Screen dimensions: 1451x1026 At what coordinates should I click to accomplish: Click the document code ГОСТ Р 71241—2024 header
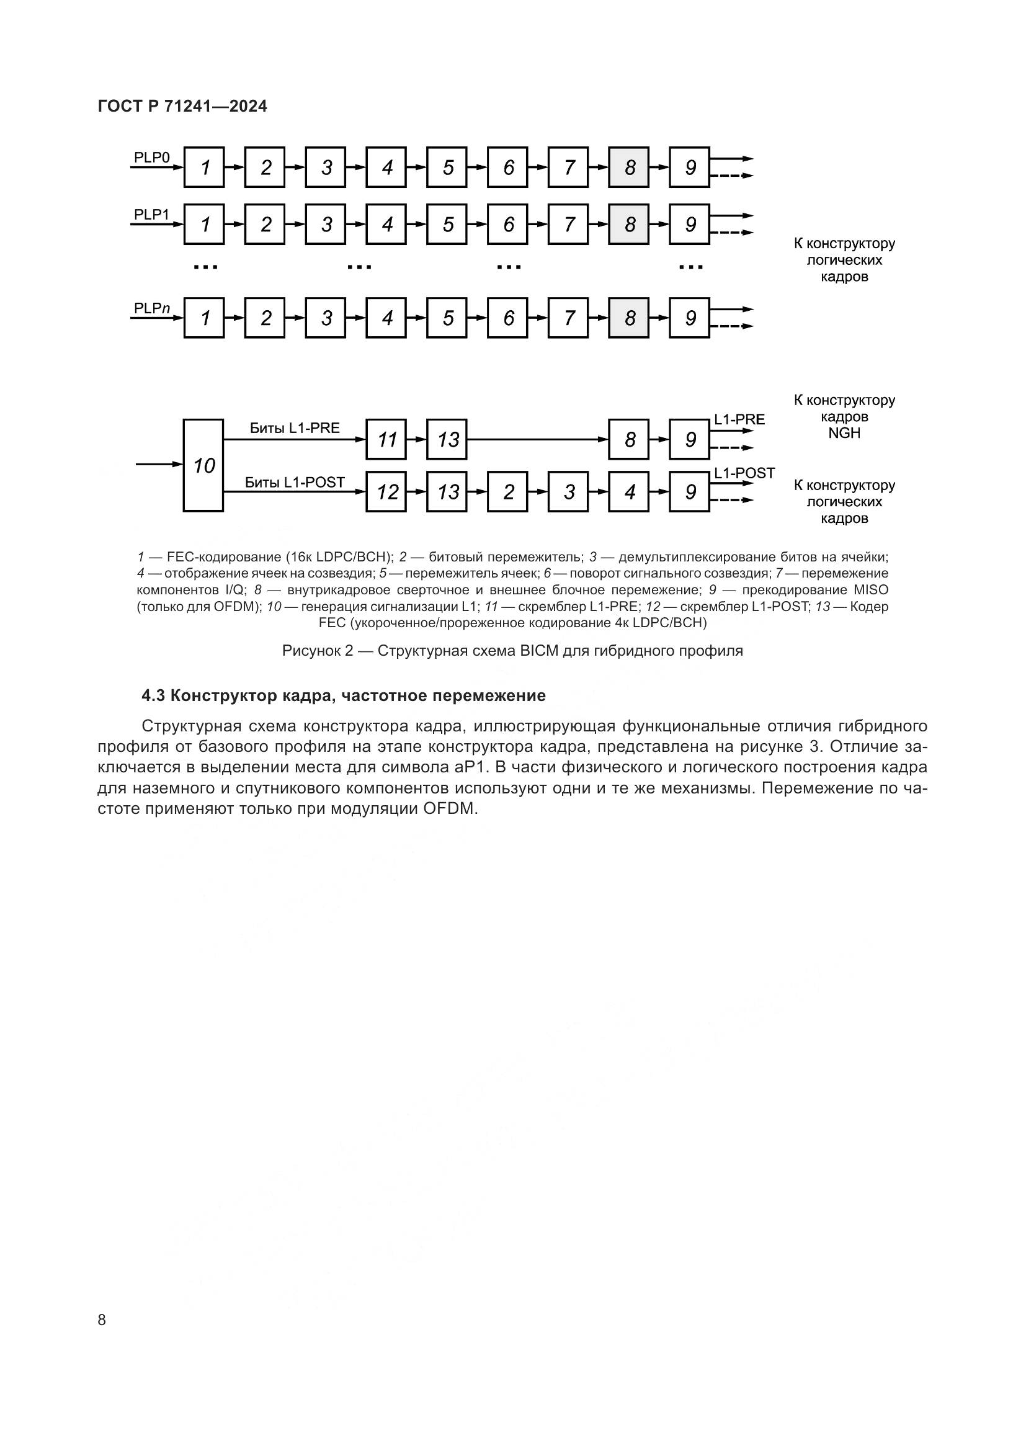(182, 106)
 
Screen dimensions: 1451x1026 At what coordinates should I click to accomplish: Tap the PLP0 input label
(151, 157)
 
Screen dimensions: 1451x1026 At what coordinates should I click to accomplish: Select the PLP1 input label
(151, 214)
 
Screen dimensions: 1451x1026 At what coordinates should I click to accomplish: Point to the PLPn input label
(151, 308)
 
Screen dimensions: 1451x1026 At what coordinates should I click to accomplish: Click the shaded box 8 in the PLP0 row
(628, 167)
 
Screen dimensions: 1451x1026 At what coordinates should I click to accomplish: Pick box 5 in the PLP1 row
(447, 225)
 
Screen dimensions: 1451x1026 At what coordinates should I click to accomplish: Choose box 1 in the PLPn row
(204, 318)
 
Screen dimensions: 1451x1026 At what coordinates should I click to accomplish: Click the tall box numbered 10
(203, 465)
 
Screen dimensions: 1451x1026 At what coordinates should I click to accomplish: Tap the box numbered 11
(386, 439)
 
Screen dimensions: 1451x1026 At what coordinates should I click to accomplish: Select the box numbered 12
(386, 492)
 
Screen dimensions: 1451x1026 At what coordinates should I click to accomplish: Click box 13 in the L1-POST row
(447, 492)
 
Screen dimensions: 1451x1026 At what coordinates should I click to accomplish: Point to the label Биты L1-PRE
(295, 428)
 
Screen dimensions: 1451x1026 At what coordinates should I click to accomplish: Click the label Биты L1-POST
(295, 482)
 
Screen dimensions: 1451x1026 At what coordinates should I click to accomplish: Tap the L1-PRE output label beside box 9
(739, 419)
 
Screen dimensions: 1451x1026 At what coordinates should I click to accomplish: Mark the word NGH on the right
(844, 434)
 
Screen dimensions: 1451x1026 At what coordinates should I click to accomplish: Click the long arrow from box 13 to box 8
(537, 439)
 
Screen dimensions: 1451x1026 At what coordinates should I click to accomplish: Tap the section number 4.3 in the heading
(153, 696)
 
